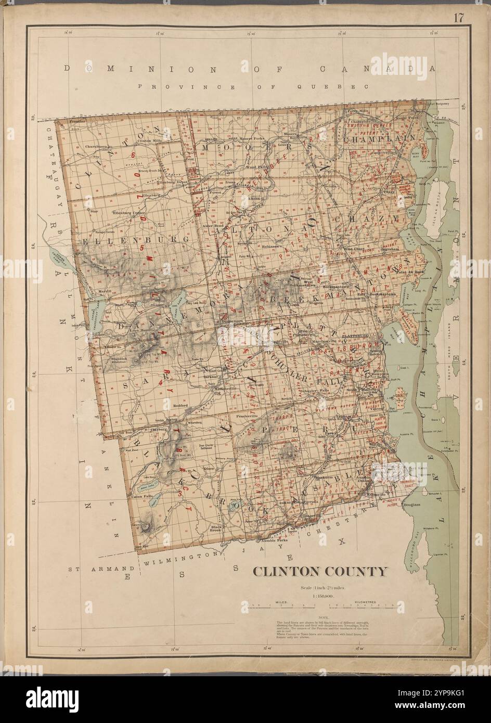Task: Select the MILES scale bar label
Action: pos(282,601)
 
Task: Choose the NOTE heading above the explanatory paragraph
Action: pos(320,616)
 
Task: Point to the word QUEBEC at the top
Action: pos(344,87)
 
